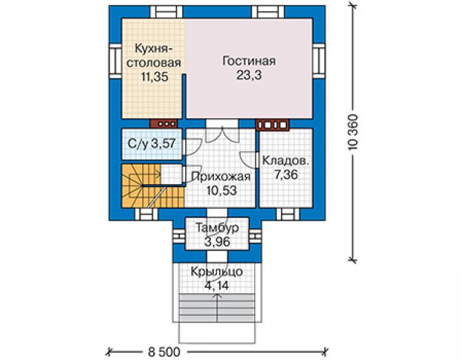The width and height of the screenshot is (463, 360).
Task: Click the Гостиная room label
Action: click(249, 61)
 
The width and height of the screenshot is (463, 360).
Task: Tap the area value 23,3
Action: click(249, 75)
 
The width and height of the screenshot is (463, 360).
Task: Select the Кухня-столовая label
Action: click(153, 56)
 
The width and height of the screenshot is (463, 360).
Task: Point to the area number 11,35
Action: click(155, 77)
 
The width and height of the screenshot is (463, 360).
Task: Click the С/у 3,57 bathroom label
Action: click(152, 143)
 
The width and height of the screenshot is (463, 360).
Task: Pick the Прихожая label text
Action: click(221, 177)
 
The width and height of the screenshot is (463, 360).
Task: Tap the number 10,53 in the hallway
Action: click(221, 190)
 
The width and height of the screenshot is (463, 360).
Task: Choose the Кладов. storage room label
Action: click(285, 161)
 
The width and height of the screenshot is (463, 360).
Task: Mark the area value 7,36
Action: click(286, 175)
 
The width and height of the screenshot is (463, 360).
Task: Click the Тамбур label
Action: click(217, 228)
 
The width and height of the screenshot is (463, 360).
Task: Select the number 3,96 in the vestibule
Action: click(217, 242)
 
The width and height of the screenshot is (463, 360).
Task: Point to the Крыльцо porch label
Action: click(216, 271)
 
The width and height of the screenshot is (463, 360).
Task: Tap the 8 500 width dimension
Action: click(164, 352)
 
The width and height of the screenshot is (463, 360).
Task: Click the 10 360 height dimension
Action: click(354, 132)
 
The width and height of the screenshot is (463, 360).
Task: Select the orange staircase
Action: click(153, 185)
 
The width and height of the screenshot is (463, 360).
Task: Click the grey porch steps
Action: click(217, 307)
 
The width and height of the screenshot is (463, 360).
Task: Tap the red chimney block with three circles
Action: click(163, 123)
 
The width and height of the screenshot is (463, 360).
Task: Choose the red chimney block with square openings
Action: click(272, 125)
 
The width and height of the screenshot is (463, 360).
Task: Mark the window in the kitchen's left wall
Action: click(115, 61)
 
